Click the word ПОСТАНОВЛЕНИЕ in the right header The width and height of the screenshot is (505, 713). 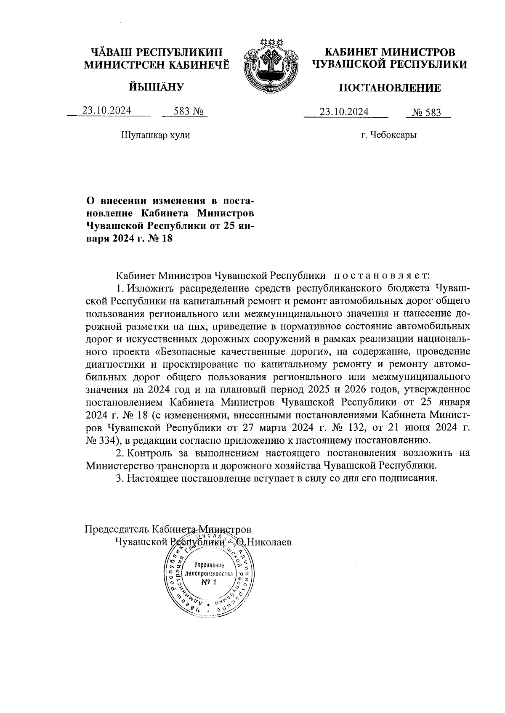pos(390,88)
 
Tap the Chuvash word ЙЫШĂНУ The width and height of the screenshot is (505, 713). pos(157,87)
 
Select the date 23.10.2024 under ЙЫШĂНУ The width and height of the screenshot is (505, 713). pos(106,111)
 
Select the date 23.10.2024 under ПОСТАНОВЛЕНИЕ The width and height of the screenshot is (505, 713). pos(344,112)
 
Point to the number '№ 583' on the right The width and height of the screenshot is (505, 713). pos(426,112)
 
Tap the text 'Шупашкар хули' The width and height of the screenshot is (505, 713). pos(155,135)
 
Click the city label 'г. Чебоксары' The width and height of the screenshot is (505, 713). pos(388,135)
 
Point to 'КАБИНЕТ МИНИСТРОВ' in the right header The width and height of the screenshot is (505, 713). pos(390,52)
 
